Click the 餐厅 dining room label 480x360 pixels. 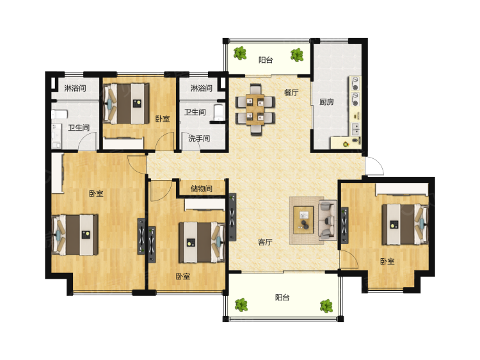(x=291, y=92)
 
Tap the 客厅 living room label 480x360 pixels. (x=265, y=242)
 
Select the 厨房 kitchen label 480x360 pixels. (x=326, y=102)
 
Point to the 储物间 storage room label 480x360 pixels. (x=202, y=188)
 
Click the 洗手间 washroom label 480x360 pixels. (x=199, y=138)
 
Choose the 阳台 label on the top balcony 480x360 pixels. (x=266, y=60)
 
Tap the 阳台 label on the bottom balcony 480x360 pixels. (x=282, y=297)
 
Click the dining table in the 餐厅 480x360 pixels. (x=255, y=110)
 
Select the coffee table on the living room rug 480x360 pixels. (x=303, y=220)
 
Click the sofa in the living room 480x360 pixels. (x=327, y=220)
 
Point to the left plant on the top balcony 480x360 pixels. (x=240, y=53)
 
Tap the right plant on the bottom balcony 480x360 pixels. (x=326, y=306)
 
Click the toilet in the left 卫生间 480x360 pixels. (x=60, y=115)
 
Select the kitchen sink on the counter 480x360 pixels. (x=355, y=129)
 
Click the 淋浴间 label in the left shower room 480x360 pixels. (x=75, y=88)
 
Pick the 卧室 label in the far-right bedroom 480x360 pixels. (x=387, y=261)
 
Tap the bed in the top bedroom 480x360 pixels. (x=126, y=104)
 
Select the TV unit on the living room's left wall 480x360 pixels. (x=232, y=217)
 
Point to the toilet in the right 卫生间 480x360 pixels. (x=219, y=113)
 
